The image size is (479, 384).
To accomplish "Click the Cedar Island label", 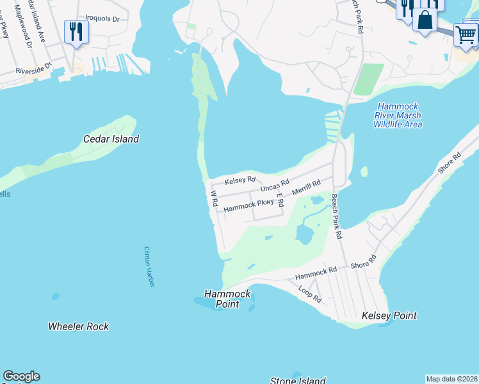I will [x=111, y=139].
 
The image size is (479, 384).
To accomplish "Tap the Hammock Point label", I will [x=227, y=299].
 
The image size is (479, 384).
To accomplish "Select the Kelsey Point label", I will [x=389, y=316].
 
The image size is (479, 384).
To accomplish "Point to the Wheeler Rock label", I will [x=79, y=326].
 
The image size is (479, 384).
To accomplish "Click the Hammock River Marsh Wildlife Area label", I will [x=398, y=115].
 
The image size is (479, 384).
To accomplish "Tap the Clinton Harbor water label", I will [x=149, y=266].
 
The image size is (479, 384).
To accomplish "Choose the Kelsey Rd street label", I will [x=240, y=180].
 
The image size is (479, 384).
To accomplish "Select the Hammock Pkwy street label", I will [x=248, y=205].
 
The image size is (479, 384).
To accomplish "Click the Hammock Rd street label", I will [x=316, y=274].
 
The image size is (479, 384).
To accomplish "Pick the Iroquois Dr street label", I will [x=107, y=19].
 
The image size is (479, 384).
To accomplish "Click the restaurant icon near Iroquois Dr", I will [x=77, y=31].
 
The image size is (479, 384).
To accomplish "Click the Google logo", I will [x=21, y=376].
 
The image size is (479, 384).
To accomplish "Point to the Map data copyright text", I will [x=451, y=379].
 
